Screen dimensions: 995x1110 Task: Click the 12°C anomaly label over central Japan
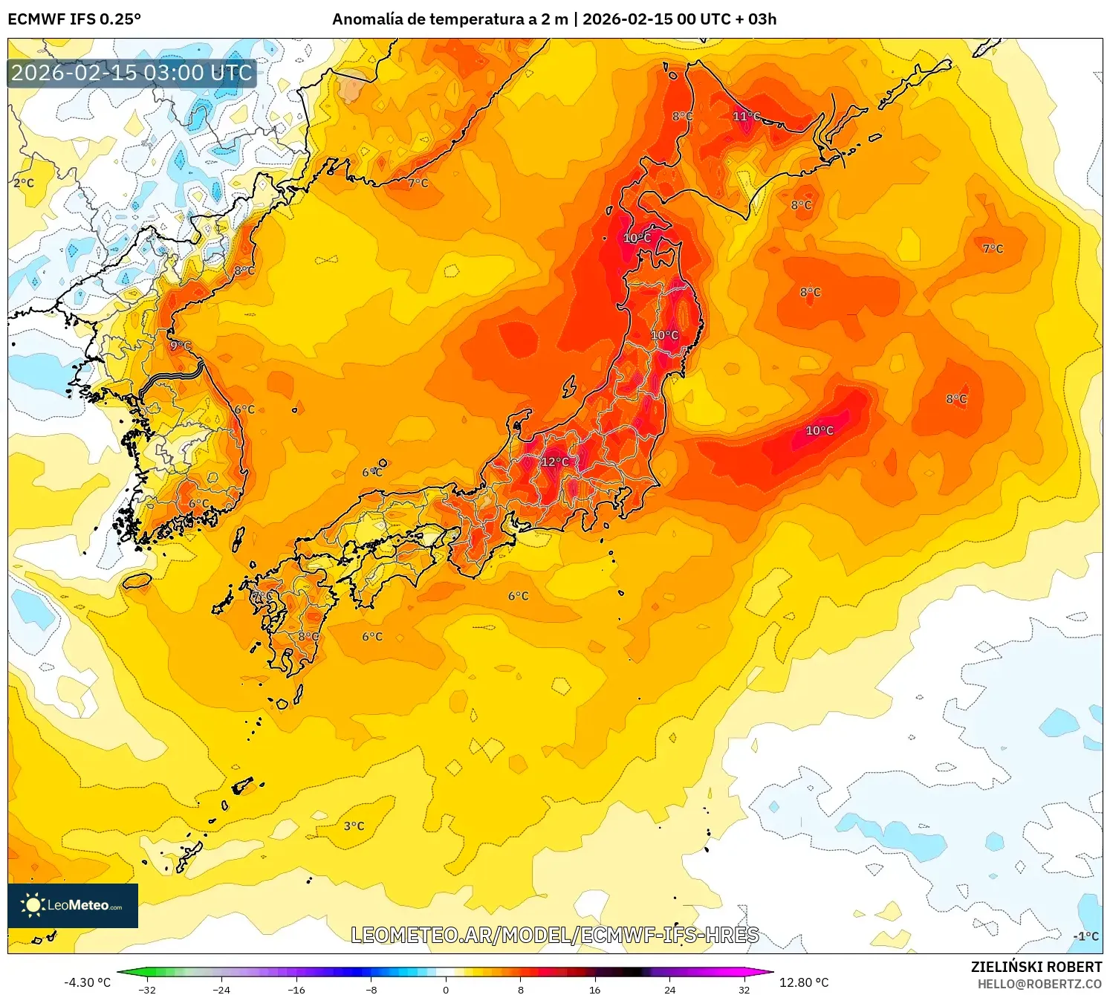pyautogui.click(x=554, y=462)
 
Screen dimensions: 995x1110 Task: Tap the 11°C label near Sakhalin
pyautogui.click(x=746, y=117)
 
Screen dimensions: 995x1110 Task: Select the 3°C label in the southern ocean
pyautogui.click(x=354, y=826)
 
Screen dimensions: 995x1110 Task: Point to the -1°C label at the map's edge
pyautogui.click(x=1085, y=936)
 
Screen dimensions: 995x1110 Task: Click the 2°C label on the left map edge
pyautogui.click(x=24, y=183)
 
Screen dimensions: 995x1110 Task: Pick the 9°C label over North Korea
pyautogui.click(x=181, y=346)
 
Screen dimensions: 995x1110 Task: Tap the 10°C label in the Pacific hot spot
pyautogui.click(x=819, y=431)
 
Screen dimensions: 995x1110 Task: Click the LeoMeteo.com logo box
pyautogui.click(x=73, y=905)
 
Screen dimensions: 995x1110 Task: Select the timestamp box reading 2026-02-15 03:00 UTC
pyautogui.click(x=132, y=73)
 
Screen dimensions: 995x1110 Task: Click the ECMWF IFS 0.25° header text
pyautogui.click(x=74, y=19)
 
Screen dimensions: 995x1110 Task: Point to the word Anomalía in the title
pyautogui.click(x=367, y=19)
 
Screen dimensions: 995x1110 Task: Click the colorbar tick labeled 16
pyautogui.click(x=594, y=989)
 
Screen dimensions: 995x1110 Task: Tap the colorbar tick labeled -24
pyautogui.click(x=221, y=989)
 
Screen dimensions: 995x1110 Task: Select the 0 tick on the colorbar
pyautogui.click(x=445, y=989)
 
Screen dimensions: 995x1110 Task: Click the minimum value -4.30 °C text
pyautogui.click(x=87, y=982)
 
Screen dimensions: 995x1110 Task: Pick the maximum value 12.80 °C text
pyautogui.click(x=803, y=982)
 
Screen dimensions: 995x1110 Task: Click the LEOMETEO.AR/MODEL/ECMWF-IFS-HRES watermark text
pyautogui.click(x=554, y=935)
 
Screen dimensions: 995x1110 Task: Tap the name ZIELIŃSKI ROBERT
pyautogui.click(x=1036, y=967)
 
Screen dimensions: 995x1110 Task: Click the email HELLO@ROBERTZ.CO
pyautogui.click(x=1039, y=984)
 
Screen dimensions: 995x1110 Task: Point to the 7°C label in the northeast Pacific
pyautogui.click(x=993, y=249)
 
